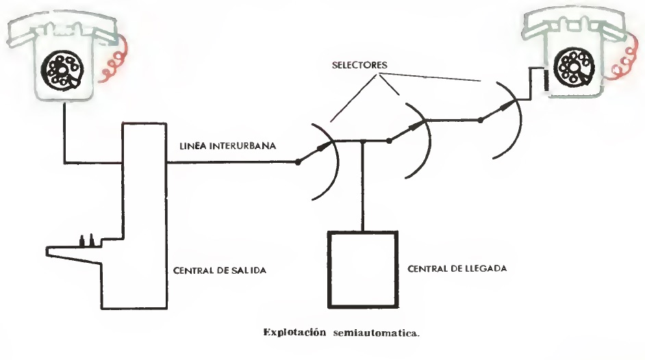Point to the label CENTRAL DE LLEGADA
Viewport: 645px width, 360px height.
tap(457, 269)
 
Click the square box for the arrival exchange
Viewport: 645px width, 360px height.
tap(360, 269)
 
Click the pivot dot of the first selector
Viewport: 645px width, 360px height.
tap(298, 162)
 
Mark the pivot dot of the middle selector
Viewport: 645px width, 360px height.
tap(389, 141)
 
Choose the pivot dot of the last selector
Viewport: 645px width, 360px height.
tap(480, 120)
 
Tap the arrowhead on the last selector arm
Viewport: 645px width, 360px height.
tap(507, 104)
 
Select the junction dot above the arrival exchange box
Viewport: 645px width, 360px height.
tap(361, 142)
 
